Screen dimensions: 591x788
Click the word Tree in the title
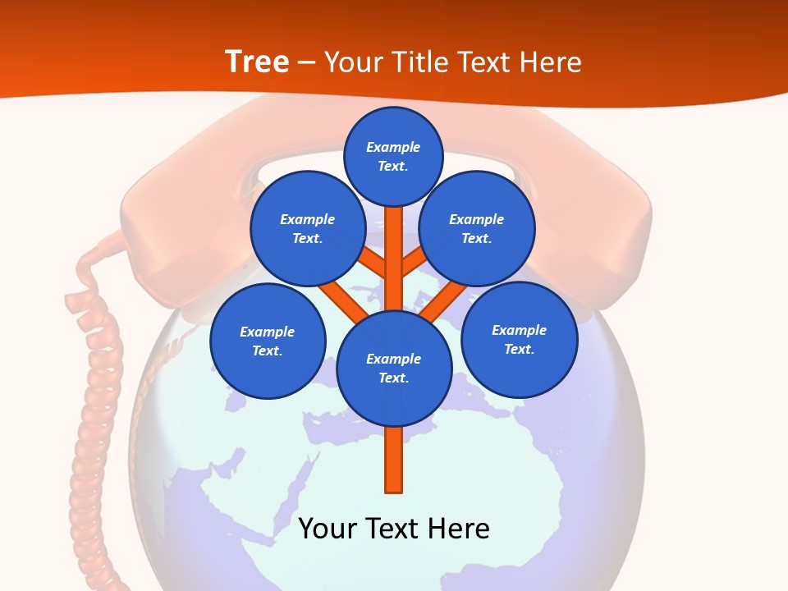(x=257, y=62)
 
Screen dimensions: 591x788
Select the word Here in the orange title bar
(x=551, y=62)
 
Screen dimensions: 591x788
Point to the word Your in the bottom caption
(x=326, y=528)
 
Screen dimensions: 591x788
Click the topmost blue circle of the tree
(x=393, y=156)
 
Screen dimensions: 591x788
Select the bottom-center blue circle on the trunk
(x=394, y=368)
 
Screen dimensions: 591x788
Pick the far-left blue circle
(x=268, y=341)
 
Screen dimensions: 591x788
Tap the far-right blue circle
(x=519, y=339)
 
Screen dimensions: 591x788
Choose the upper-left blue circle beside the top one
(x=308, y=228)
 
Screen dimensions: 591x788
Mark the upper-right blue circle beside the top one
(x=477, y=228)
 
